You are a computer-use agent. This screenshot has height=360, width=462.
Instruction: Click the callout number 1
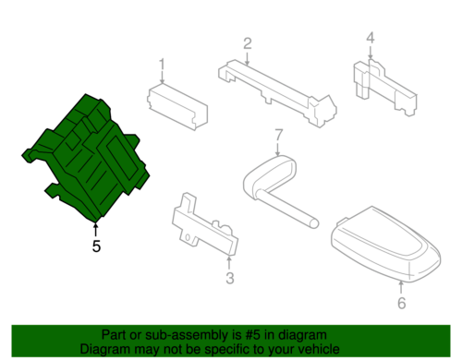tap(162, 66)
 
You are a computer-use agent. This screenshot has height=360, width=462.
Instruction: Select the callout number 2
tap(248, 43)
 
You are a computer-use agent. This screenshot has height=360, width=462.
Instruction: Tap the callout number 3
tap(230, 278)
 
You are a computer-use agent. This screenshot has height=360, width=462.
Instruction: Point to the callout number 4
tap(371, 38)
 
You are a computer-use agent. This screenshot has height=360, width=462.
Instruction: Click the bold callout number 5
tap(96, 246)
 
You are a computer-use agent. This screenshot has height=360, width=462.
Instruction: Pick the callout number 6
tap(402, 303)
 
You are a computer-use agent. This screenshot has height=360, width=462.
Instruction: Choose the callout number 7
tap(278, 135)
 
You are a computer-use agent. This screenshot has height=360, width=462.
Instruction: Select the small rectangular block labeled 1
tap(177, 107)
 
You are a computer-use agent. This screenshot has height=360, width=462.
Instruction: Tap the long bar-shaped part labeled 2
tap(277, 92)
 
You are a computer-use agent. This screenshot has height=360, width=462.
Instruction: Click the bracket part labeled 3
tap(205, 224)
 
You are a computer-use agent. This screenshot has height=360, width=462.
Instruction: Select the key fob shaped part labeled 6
tap(386, 245)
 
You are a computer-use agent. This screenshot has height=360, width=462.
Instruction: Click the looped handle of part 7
tap(271, 173)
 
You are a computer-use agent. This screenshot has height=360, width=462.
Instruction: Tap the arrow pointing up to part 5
tap(96, 230)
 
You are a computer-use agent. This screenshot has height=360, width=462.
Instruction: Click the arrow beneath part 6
tap(401, 287)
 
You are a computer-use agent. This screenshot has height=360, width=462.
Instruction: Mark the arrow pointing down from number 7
tap(278, 149)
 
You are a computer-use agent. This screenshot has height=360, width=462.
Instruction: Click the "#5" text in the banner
tap(253, 335)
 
